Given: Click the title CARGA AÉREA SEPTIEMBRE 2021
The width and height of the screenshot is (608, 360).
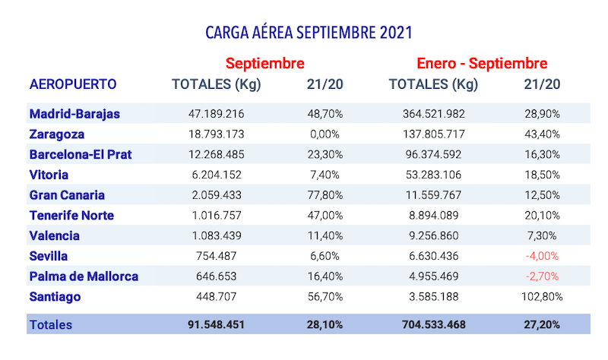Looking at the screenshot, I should (309, 33).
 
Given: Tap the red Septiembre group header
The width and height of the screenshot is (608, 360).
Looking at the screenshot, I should (265, 63).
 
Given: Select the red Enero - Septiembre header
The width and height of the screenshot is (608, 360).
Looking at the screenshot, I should (482, 63).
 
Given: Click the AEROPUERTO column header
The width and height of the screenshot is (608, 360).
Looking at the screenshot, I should (73, 84).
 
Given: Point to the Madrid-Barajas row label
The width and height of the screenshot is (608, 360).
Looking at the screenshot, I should (74, 114).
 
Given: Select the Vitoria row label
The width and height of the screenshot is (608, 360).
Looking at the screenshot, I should (50, 175).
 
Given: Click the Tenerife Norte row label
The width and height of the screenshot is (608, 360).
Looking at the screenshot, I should (71, 215).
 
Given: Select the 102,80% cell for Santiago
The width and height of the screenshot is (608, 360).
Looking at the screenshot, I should (543, 296).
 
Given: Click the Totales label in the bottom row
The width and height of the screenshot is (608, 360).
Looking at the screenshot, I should (51, 324).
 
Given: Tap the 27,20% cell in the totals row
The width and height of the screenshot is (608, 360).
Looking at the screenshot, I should (543, 324).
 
